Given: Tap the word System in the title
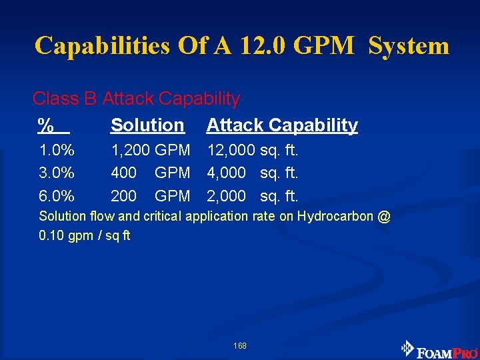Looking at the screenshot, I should tap(409, 46).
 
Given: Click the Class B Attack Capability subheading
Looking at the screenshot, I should tap(136, 99).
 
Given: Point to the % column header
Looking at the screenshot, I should tap(46, 125).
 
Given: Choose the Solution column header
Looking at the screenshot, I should tap(147, 125).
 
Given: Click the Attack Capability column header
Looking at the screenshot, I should tap(282, 125).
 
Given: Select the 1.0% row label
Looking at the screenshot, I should tap(57, 150).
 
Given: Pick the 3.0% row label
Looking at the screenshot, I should tap(57, 173).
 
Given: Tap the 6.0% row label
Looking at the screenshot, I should tap(57, 196).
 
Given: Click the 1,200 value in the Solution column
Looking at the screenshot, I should tap(130, 150).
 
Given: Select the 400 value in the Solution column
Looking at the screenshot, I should tap(124, 173).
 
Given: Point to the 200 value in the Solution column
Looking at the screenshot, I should tap(124, 196).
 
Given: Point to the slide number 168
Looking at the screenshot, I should tap(240, 346).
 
